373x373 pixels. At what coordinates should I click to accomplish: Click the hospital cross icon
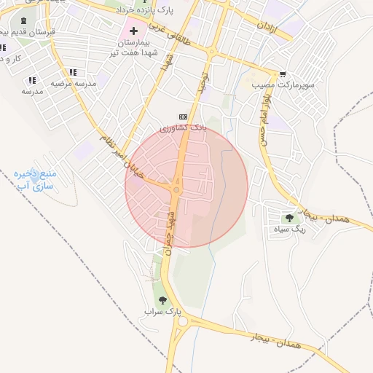coord(133,31)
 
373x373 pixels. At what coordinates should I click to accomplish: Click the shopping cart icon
coord(282,74)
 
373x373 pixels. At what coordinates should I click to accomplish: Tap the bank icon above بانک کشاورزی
coord(183,117)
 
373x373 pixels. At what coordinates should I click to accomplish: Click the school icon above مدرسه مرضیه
coord(72,72)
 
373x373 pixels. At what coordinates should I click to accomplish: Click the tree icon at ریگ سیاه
coord(290,217)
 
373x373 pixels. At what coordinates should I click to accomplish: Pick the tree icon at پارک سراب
coord(162,300)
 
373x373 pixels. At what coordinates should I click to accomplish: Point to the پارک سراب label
coord(162,312)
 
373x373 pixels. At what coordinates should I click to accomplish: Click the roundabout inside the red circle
coord(177,190)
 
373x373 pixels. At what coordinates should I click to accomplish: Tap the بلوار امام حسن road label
coord(267,117)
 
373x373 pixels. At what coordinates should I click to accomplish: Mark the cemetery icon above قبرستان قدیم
coord(25,21)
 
